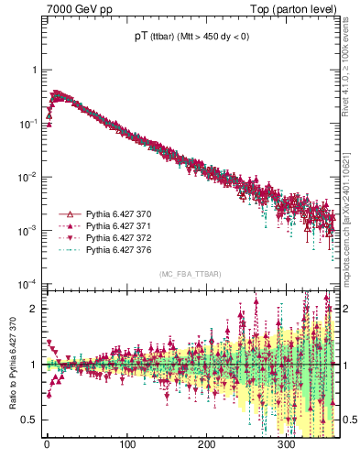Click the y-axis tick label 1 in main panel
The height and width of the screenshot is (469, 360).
pos(34,70)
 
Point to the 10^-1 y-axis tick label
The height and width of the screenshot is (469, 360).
pos(29,123)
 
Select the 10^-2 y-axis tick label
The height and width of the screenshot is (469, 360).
pos(29,176)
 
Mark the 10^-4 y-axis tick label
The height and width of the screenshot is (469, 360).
pos(29,283)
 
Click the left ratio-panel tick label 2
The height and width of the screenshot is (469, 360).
pos(34,309)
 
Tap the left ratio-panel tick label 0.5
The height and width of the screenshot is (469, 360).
pos(30,420)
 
